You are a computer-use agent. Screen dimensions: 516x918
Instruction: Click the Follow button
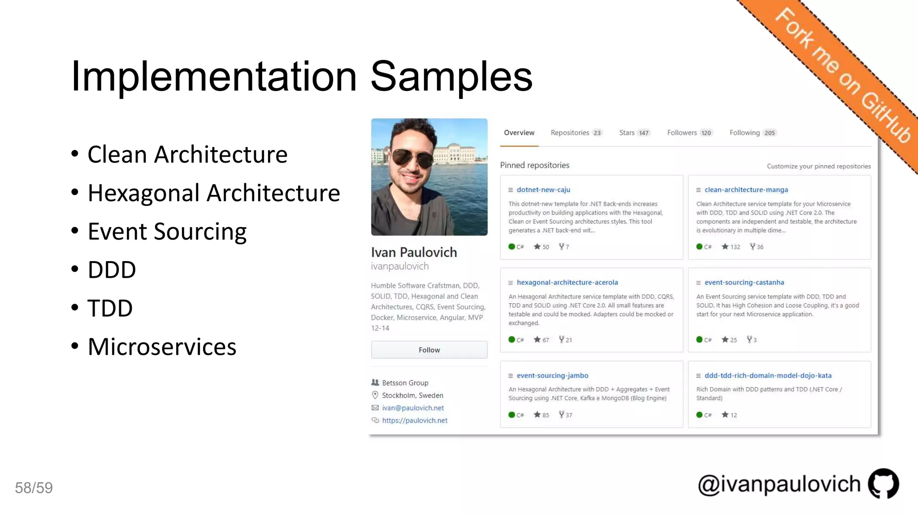(x=429, y=350)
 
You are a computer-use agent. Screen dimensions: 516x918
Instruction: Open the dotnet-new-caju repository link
(x=543, y=189)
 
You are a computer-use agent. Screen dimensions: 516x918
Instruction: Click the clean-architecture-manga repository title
(x=746, y=189)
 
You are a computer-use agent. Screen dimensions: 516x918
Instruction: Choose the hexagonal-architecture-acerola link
(x=567, y=282)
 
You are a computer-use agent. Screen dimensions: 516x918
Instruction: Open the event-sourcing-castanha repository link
(x=744, y=282)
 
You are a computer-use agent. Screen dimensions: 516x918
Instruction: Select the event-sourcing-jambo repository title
(x=552, y=375)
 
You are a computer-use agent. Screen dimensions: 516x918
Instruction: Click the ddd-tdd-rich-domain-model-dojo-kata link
(x=768, y=375)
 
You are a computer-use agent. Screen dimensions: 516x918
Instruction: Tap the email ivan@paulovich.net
(x=413, y=408)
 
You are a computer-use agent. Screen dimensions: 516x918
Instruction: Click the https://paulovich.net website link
(x=415, y=420)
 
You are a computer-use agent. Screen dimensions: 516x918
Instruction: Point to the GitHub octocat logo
(x=883, y=484)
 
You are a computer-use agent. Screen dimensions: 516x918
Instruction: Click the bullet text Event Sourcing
(x=167, y=232)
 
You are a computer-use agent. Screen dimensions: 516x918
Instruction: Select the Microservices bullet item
(x=162, y=347)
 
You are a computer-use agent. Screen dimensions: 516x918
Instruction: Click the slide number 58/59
(x=34, y=488)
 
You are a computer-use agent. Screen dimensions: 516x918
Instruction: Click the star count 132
(x=735, y=247)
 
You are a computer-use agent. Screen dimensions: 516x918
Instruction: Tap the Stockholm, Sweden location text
(x=412, y=395)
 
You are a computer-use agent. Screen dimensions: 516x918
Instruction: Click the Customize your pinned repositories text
(x=818, y=166)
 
